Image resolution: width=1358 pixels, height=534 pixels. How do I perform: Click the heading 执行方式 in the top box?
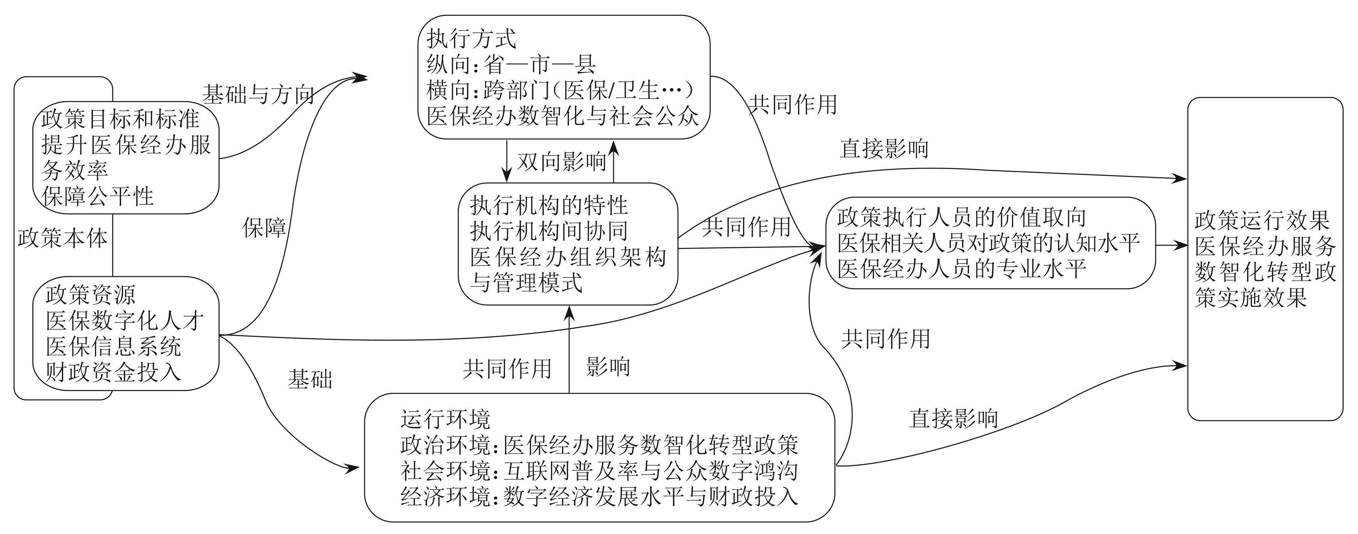coord(471,39)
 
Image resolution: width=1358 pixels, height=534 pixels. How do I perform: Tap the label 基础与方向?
coord(258,95)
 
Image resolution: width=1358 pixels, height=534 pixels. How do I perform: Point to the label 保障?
coord(264,228)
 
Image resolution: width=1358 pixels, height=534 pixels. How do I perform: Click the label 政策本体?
coord(62,239)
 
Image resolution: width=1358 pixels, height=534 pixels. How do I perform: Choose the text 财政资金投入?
coord(113,372)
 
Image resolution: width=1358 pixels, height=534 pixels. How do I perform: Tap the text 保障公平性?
coord(98,197)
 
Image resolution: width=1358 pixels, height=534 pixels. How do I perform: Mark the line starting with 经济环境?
coord(599,497)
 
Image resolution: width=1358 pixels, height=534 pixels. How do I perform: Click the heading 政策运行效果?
coord(1261,221)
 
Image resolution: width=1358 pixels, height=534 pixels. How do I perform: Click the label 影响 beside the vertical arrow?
coord(608,367)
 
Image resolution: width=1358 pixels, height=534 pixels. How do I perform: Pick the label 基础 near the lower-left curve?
coord(310,379)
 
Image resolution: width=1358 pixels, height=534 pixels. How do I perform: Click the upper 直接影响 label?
coord(884,149)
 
